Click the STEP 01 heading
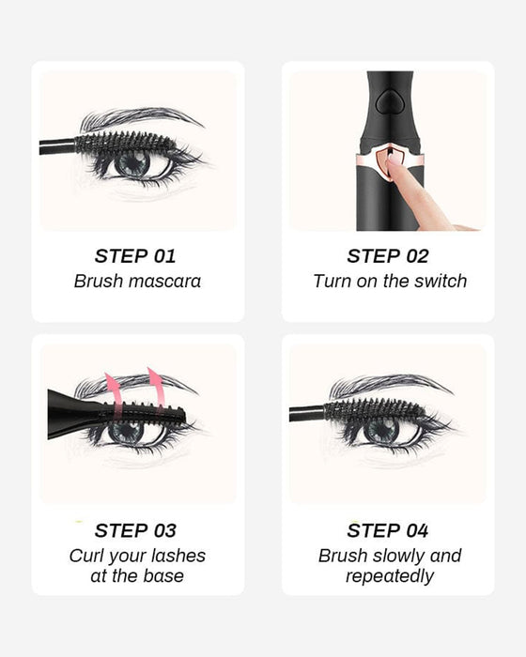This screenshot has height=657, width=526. (135, 256)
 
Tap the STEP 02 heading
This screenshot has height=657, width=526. (387, 256)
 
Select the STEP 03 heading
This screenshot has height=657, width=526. (135, 530)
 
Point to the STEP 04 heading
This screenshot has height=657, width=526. (387, 530)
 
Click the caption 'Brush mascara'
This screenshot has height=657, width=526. (137, 281)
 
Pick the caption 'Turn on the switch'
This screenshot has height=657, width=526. (389, 281)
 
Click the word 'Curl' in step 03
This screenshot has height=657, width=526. (87, 556)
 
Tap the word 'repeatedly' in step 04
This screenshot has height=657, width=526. (389, 575)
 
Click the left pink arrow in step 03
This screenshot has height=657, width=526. (114, 387)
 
